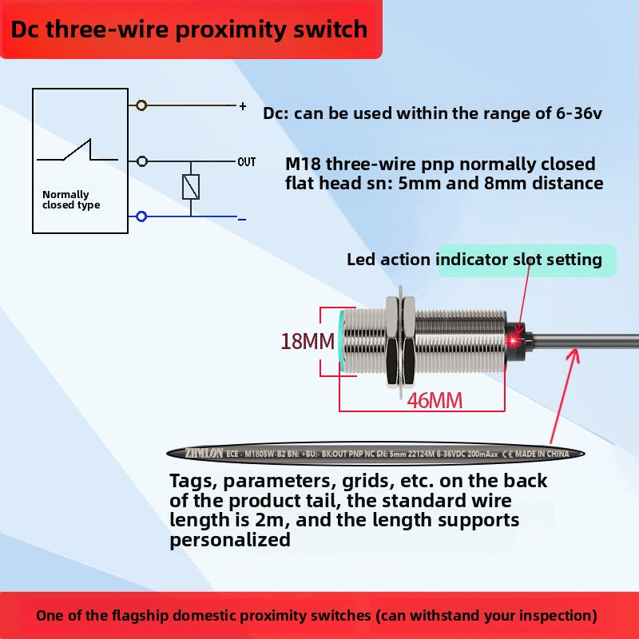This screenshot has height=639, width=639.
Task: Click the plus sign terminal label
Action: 243,105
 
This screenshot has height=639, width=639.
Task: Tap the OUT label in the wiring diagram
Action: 247,162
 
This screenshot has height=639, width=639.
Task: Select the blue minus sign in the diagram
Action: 241,218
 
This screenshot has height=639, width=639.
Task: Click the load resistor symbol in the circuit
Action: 191,187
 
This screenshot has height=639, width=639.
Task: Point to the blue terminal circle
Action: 142,216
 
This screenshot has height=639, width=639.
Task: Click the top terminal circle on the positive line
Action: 142,105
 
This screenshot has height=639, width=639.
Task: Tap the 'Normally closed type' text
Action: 71,200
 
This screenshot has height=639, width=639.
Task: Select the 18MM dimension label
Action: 307,342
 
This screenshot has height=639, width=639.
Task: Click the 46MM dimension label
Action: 435,400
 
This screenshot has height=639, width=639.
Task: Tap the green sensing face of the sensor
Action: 343,342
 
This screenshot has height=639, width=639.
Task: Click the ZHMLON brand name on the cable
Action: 203,454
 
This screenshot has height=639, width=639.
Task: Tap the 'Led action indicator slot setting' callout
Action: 474,260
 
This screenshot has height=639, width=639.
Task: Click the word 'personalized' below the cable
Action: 230,539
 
